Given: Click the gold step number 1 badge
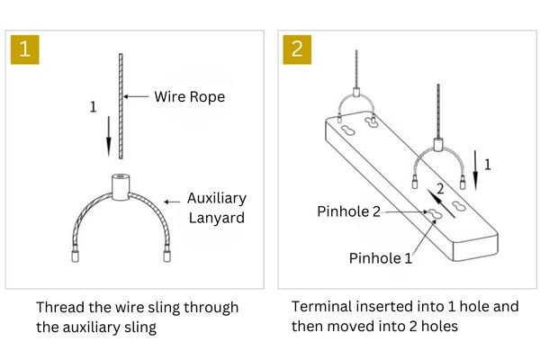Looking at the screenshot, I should tap(24, 49).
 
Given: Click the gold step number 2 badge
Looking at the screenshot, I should tap(297, 49).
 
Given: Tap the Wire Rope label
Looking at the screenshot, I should tap(188, 95).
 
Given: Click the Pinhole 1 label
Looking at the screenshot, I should tap(381, 258).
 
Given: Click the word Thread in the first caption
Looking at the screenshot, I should tap(58, 308).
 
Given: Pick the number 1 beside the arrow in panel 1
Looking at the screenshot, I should tap(93, 107).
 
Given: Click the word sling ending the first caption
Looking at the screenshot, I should tap(139, 327).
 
